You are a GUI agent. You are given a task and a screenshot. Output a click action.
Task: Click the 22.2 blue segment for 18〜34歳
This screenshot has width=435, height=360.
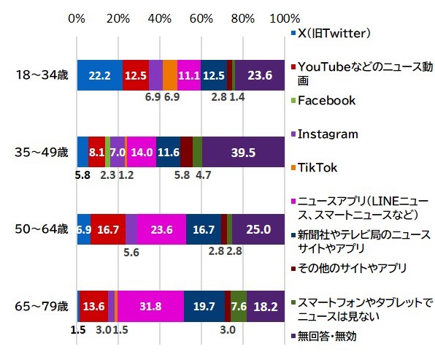tap(99, 74)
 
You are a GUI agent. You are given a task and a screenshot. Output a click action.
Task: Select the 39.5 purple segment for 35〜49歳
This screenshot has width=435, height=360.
tap(243, 152)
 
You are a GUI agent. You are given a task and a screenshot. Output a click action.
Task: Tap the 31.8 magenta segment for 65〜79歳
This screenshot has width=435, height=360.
tap(150, 307)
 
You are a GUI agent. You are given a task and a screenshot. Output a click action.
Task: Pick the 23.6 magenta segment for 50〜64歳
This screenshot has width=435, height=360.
tap(161, 229)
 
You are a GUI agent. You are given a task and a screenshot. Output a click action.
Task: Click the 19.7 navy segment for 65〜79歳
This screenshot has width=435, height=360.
tap(204, 307)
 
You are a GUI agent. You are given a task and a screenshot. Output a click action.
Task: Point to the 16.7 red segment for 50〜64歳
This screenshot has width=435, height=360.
tap(108, 229)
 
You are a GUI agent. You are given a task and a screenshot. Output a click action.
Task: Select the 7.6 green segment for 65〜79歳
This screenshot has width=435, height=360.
tap(239, 307)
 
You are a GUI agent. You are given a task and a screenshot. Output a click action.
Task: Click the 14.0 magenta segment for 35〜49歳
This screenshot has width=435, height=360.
tap(142, 152)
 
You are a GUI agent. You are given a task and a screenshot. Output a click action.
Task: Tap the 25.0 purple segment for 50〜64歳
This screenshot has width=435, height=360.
tap(258, 229)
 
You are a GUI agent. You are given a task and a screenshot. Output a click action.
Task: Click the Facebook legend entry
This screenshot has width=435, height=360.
tap(329, 100)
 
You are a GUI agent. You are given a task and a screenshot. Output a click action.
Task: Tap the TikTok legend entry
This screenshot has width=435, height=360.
tap(321, 167)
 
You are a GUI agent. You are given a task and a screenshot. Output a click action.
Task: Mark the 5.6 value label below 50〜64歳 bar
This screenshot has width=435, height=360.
tap(132, 252)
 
